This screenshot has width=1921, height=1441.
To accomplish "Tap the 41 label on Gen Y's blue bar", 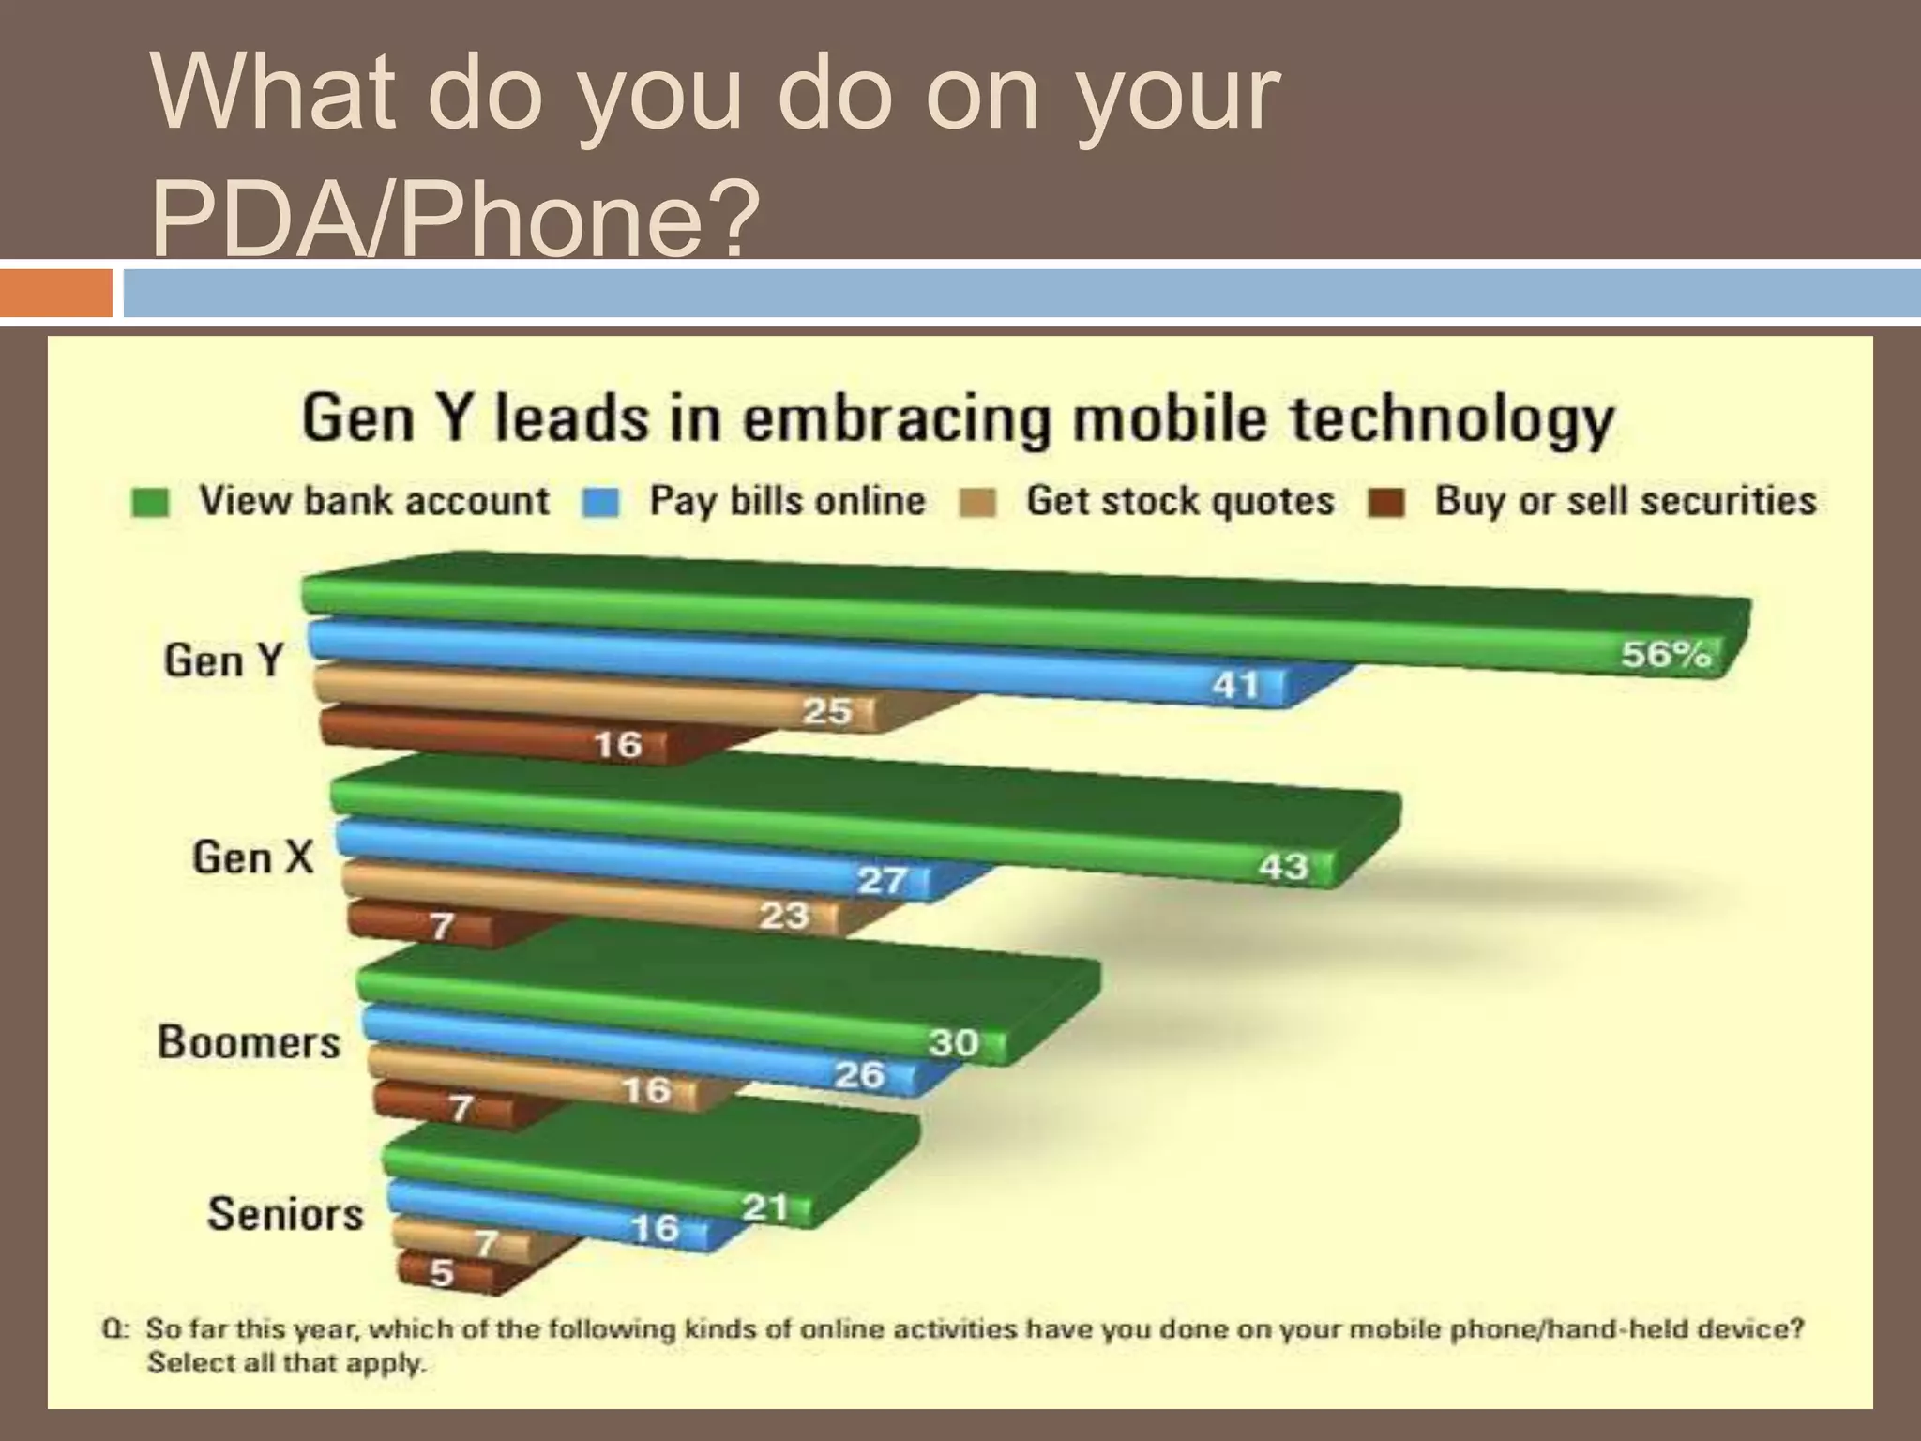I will coord(1235,685).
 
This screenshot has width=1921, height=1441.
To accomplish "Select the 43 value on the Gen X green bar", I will coord(1283,866).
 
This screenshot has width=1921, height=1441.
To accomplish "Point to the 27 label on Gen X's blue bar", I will coord(883,880).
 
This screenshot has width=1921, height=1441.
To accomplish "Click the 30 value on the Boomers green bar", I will coord(954,1041).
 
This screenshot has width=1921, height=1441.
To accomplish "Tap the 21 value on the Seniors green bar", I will coord(764,1206).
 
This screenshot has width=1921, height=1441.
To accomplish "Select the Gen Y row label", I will coord(223,660).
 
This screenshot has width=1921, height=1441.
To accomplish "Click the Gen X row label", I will coord(252,857).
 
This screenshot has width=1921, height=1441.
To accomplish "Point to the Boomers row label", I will coord(249,1042).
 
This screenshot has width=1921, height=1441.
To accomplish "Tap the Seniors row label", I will coord(285,1214).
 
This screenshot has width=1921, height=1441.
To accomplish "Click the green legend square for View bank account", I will coord(150,503).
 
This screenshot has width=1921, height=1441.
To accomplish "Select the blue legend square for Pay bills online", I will coord(600,503).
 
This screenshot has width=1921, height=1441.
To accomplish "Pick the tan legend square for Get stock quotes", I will coord(977,504).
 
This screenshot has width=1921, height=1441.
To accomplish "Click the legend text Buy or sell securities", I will coord(1625,501).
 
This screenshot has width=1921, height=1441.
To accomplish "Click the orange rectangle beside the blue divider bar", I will coord(55,293).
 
